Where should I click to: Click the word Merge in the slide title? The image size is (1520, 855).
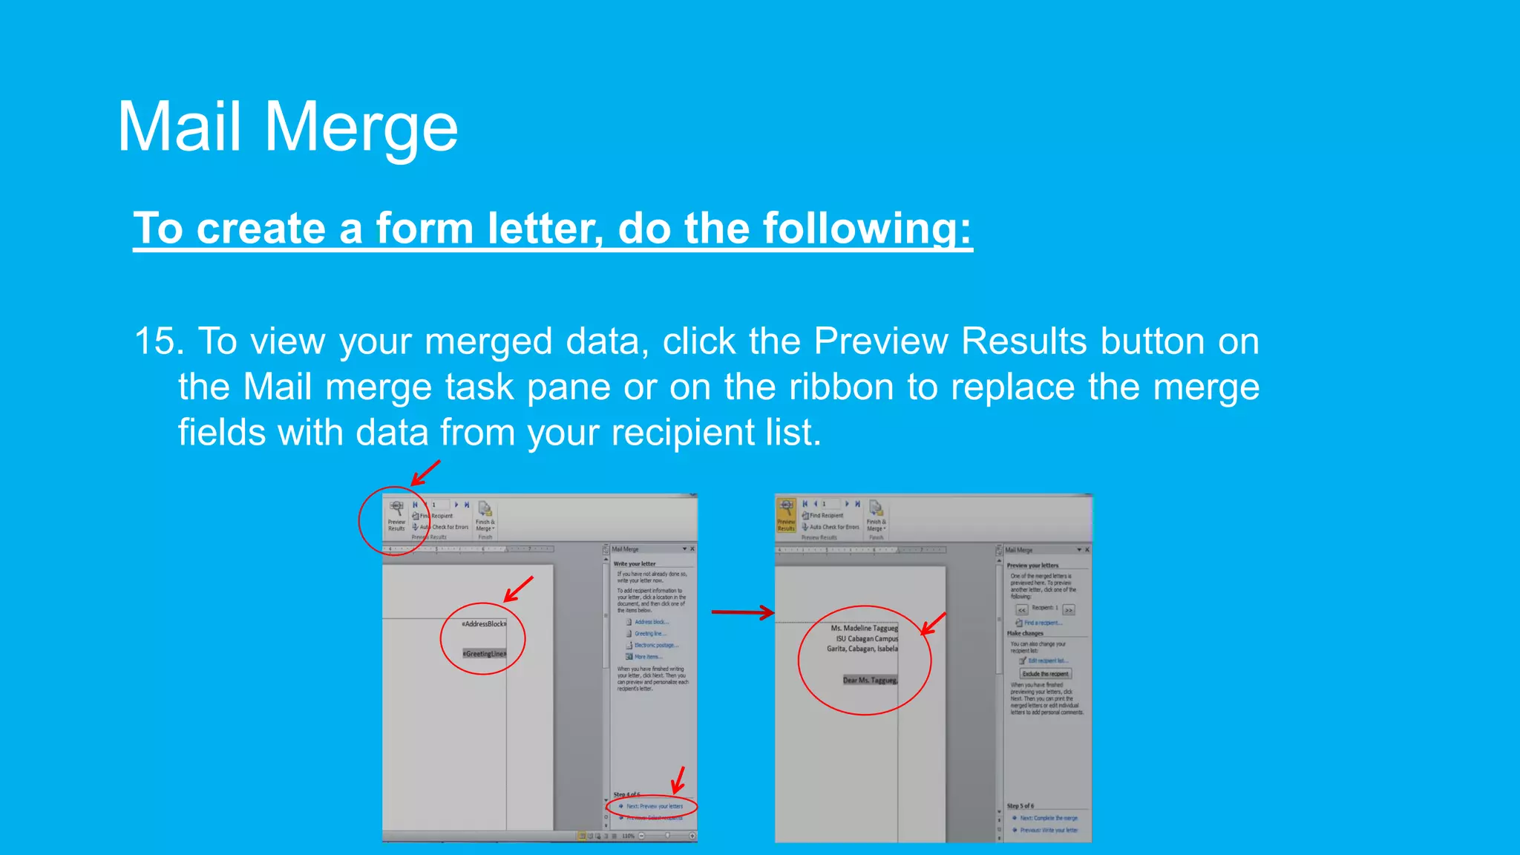click(x=361, y=128)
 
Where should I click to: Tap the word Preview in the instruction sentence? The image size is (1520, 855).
click(x=880, y=341)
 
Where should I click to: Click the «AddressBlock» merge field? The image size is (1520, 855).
click(x=484, y=624)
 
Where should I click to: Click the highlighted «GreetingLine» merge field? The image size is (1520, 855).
click(x=484, y=654)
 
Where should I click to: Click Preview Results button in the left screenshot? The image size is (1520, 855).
click(x=396, y=515)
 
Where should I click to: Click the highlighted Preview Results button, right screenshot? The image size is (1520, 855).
click(x=786, y=515)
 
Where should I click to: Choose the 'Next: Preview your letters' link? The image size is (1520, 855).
click(x=654, y=806)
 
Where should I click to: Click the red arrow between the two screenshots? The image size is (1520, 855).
click(x=742, y=612)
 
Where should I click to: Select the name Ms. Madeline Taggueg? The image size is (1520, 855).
click(x=864, y=628)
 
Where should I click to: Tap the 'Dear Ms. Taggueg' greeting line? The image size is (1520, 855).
click(x=870, y=680)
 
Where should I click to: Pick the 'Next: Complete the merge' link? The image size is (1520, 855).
click(x=1048, y=818)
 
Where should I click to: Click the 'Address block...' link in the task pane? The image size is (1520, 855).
click(x=651, y=622)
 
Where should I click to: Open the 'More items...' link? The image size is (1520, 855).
click(x=648, y=657)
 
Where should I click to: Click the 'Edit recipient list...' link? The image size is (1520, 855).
click(x=1047, y=661)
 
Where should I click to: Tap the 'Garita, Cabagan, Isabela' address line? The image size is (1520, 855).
click(x=862, y=649)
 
